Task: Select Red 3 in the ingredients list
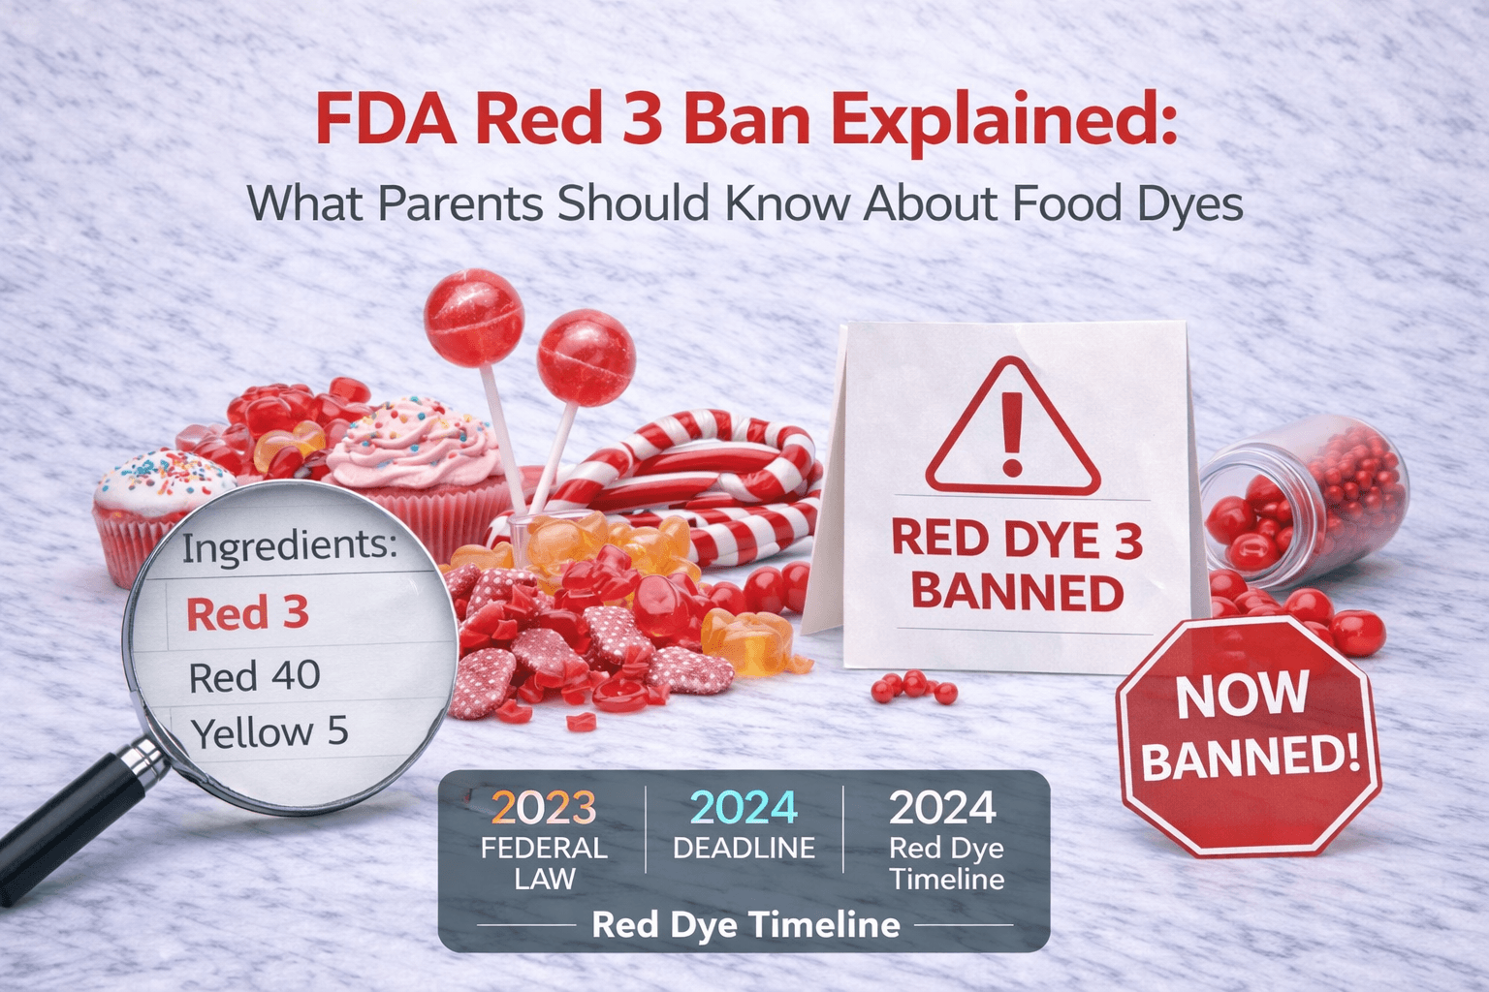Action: click(247, 613)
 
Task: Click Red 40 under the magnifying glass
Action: click(255, 676)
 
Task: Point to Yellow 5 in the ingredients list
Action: click(269, 732)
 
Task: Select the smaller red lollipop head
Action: click(586, 358)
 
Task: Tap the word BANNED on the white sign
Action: click(1017, 592)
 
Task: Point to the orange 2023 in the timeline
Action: click(543, 807)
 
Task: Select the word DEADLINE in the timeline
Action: click(744, 849)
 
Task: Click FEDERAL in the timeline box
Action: click(543, 848)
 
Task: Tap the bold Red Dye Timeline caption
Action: click(744, 924)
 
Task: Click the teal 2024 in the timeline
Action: click(744, 807)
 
